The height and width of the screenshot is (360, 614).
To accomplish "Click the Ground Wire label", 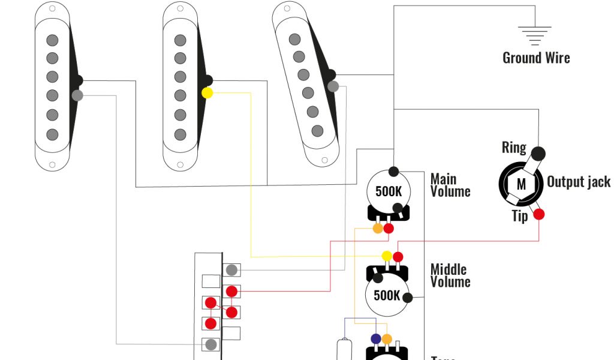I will click(536, 58).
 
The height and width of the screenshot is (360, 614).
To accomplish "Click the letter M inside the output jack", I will click(521, 184).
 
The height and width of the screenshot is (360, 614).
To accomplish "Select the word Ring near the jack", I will click(514, 148).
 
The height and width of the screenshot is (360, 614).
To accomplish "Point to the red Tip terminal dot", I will click(539, 214).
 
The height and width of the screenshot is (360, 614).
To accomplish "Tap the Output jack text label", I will click(578, 182).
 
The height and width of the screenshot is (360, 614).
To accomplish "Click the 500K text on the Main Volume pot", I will click(389, 192).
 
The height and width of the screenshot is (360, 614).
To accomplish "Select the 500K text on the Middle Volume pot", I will click(387, 295).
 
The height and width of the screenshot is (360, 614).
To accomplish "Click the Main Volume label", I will click(450, 185).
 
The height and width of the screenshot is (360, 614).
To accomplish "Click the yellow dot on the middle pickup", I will click(207, 93).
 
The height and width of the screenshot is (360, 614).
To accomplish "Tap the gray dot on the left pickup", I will click(77, 95).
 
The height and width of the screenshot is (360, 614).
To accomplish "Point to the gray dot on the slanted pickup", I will click(333, 86).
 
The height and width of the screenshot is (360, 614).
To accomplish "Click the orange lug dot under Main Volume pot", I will click(378, 229).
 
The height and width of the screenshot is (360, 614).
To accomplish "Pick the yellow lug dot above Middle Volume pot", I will click(387, 256).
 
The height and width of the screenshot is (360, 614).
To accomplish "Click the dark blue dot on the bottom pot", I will click(376, 339).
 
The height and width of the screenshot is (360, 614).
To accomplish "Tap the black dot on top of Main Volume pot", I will click(394, 172).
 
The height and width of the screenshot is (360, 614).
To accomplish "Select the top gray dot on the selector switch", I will click(231, 270).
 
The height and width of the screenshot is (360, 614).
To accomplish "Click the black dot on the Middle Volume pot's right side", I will click(408, 298).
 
